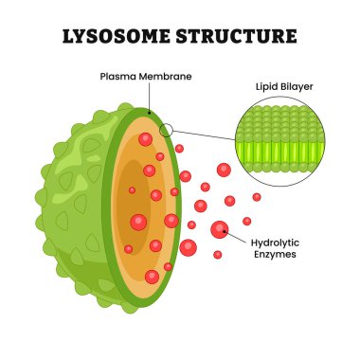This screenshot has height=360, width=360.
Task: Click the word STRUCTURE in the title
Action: tap(238, 38)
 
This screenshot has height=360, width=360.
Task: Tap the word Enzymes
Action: tap(274, 256)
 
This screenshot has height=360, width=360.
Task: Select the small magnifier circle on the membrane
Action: tap(167, 131)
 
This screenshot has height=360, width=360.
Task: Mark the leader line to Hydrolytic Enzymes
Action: tap(236, 236)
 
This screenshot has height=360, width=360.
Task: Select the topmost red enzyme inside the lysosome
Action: tap(145, 139)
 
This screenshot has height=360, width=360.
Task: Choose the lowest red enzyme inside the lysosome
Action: tap(152, 277)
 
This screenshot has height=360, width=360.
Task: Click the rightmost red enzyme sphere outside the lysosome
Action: tap(257, 197)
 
